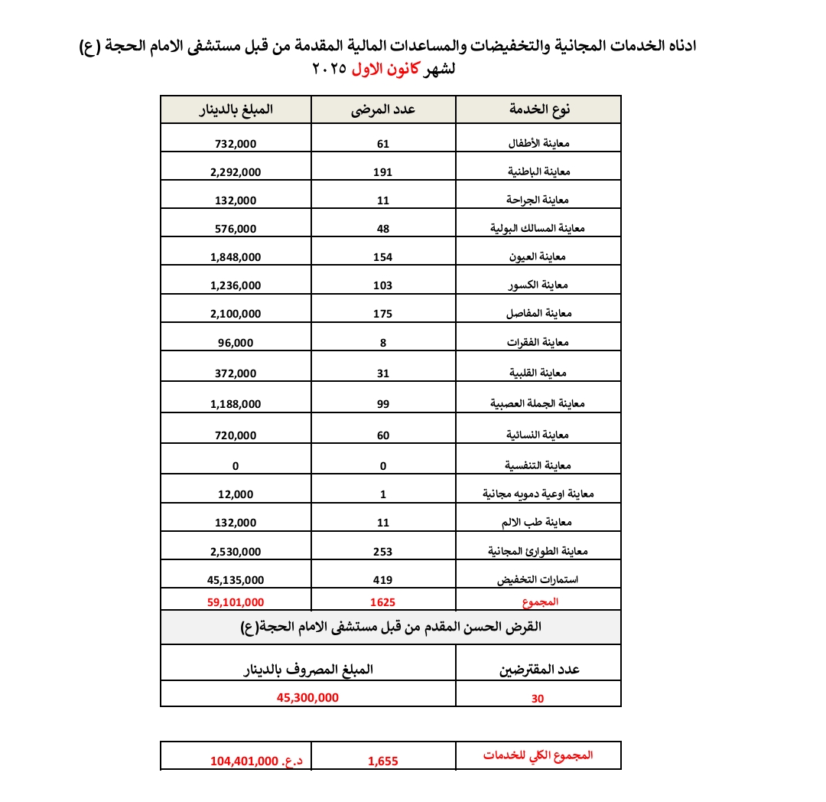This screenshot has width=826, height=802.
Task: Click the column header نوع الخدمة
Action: point(540,109)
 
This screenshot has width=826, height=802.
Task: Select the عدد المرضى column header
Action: point(383,109)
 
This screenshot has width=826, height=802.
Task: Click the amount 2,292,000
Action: point(236,172)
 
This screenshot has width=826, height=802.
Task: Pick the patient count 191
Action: point(383,172)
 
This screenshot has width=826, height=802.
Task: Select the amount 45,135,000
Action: point(236,580)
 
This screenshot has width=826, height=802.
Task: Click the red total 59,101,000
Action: point(236,602)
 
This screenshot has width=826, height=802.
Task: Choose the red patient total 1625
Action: point(383,602)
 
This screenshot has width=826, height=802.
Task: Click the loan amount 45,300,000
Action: point(307,698)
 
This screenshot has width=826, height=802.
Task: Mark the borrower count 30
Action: point(538,699)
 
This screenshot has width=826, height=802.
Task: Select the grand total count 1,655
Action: point(383,761)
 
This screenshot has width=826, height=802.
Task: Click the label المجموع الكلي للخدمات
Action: point(538,755)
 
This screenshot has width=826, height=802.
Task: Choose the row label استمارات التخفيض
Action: point(538,580)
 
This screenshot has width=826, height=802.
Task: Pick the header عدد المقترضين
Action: point(539,670)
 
